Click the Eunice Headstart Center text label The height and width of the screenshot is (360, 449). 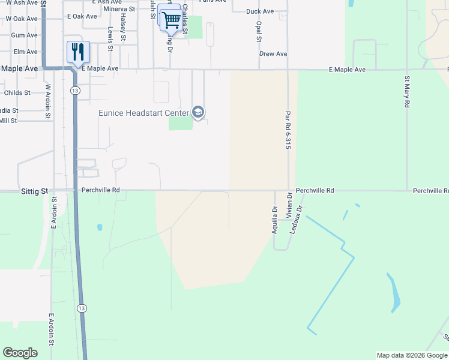pyautogui.click(x=143, y=112)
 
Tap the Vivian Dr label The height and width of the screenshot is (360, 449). pyautogui.click(x=289, y=204)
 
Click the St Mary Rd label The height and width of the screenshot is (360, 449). pyautogui.click(x=407, y=91)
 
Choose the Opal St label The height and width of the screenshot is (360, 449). pyautogui.click(x=259, y=32)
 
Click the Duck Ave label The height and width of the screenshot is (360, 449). pyautogui.click(x=260, y=11)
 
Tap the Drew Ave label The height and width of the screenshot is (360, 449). pyautogui.click(x=273, y=54)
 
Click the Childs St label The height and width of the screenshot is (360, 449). pyautogui.click(x=17, y=93)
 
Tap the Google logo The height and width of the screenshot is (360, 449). pyautogui.click(x=20, y=353)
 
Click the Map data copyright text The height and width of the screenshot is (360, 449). pyautogui.click(x=411, y=355)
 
